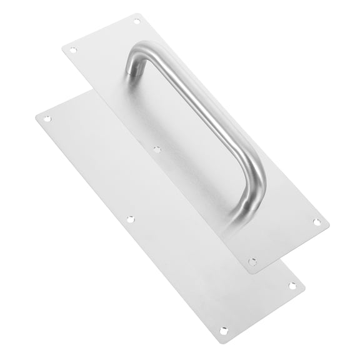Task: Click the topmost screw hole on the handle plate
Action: point(137,21)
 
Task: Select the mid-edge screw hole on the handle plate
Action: point(157,149)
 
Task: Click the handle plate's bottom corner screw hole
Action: point(252,262)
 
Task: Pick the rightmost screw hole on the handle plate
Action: point(316,222)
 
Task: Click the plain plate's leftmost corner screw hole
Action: point(46,118)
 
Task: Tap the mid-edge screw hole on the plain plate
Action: point(130,219)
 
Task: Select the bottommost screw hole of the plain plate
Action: point(223,330)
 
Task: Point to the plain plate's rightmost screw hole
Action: point(292,286)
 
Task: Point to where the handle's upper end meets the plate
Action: point(132,72)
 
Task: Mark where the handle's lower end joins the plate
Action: point(235,216)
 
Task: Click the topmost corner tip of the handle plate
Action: point(140,14)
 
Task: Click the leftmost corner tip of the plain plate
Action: point(36,116)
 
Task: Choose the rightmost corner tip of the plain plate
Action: point(304,288)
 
